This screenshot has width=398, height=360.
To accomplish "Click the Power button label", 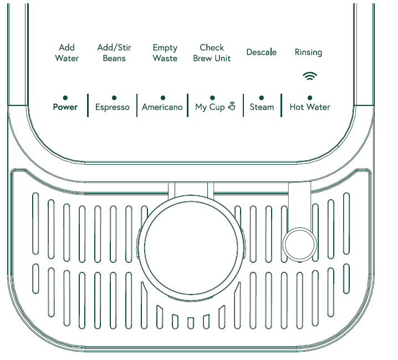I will pyautogui.click(x=65, y=107).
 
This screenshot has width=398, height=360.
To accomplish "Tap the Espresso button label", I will pyautogui.click(x=113, y=107).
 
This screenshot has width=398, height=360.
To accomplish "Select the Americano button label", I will pyautogui.click(x=162, y=107).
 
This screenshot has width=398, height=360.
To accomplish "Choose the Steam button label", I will pyautogui.click(x=262, y=107).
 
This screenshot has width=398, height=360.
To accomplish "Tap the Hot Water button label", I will pyautogui.click(x=310, y=107).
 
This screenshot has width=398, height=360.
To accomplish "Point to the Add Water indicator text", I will pyautogui.click(x=67, y=53).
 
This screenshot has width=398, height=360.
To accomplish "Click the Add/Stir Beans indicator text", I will pyautogui.click(x=114, y=53).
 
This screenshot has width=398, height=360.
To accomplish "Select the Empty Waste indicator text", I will pyautogui.click(x=165, y=53).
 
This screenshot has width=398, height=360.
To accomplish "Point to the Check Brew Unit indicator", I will pyautogui.click(x=212, y=53).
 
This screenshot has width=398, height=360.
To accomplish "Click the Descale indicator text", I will pyautogui.click(x=262, y=52).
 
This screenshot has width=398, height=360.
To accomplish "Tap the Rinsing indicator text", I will pyautogui.click(x=308, y=52).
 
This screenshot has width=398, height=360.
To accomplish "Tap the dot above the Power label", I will pyautogui.click(x=65, y=97).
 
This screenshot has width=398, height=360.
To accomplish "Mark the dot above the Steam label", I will pyautogui.click(x=262, y=97).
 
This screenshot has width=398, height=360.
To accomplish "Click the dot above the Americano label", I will pyautogui.click(x=162, y=97).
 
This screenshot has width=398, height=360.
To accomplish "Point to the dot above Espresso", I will pyautogui.click(x=114, y=97).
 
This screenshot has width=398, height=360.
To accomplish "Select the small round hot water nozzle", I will pyautogui.click(x=299, y=242).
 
